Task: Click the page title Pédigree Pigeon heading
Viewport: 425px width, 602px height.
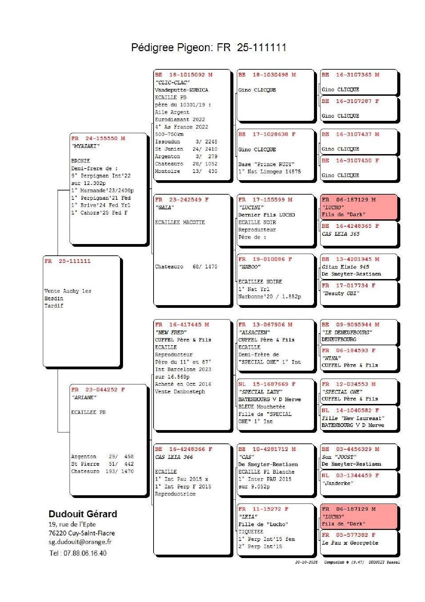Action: pyautogui.click(x=208, y=47)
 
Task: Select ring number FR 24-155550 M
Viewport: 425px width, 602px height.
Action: pyautogui.click(x=98, y=138)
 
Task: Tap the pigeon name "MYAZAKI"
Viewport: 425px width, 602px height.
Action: pyautogui.click(x=85, y=146)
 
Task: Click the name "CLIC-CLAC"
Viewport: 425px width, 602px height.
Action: pyautogui.click(x=172, y=83)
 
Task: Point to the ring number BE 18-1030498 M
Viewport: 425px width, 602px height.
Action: pyautogui.click(x=267, y=75)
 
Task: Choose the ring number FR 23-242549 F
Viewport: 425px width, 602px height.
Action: pyautogui.click(x=182, y=200)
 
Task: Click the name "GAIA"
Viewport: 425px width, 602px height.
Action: pyautogui.click(x=165, y=208)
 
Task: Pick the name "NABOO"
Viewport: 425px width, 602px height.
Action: pyautogui.click(x=250, y=267)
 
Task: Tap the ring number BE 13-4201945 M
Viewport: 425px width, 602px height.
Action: pyautogui.click(x=350, y=259)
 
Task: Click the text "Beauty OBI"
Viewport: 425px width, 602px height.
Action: pyautogui.click(x=340, y=293)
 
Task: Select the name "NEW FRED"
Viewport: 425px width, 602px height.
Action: pyautogui.click(x=171, y=333)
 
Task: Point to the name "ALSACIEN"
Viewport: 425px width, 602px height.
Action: pyautogui.click(x=254, y=333)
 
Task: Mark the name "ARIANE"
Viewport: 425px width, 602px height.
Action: pyautogui.click(x=84, y=397)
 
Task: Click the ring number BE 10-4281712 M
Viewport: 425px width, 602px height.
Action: pyautogui.click(x=267, y=449)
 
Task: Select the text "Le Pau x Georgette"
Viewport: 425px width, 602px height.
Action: pyautogui.click(x=350, y=543)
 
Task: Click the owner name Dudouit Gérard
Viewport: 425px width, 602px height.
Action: pyautogui.click(x=83, y=514)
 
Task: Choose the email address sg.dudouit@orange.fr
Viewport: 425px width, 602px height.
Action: pyautogui.click(x=80, y=542)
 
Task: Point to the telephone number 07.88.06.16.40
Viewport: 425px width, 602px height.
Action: pyautogui.click(x=85, y=553)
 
